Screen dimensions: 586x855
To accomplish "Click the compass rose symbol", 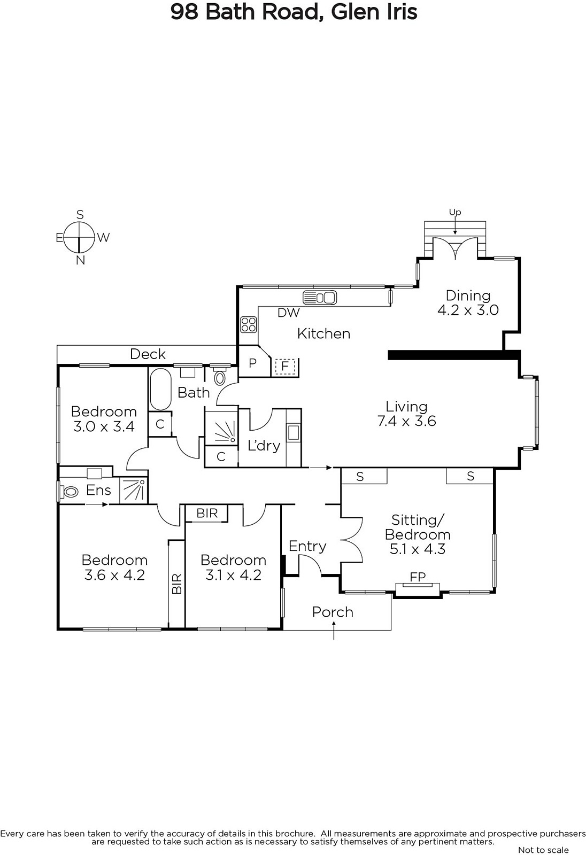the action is pyautogui.click(x=79, y=237).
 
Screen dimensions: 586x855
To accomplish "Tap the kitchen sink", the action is pyautogui.click(x=320, y=297).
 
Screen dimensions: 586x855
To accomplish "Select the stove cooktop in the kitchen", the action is pyautogui.click(x=248, y=324).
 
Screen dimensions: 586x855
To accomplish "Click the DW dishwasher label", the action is pyautogui.click(x=288, y=313).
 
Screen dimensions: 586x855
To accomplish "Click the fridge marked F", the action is pyautogui.click(x=284, y=366).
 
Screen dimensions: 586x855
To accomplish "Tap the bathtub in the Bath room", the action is pyautogui.click(x=160, y=389).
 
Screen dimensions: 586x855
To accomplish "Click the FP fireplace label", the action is pyautogui.click(x=418, y=577).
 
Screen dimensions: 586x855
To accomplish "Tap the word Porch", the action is pyautogui.click(x=333, y=612).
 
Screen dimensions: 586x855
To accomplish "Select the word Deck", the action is pyautogui.click(x=148, y=354).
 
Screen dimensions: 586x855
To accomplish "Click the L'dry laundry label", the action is pyautogui.click(x=264, y=446).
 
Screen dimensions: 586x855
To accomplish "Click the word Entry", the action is pyautogui.click(x=307, y=547).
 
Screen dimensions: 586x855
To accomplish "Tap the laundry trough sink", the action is pyautogui.click(x=294, y=432).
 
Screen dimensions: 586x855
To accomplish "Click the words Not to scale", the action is pyautogui.click(x=543, y=850).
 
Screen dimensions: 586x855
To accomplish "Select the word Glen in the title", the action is pyautogui.click(x=350, y=12).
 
